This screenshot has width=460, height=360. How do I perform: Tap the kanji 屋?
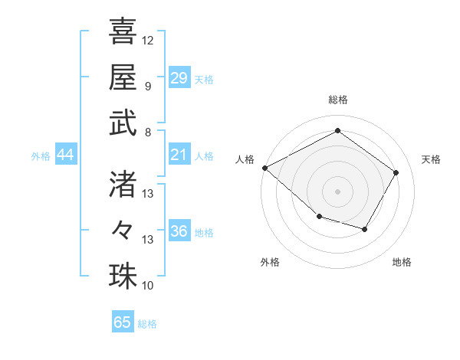[123, 77]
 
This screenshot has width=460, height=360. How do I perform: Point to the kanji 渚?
[123, 183]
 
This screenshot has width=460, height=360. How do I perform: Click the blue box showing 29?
[179, 77]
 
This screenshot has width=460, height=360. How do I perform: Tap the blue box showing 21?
[179, 155]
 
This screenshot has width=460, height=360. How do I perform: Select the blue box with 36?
[179, 231]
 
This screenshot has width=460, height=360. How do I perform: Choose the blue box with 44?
[66, 155]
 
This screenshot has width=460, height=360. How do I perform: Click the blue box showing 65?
[123, 322]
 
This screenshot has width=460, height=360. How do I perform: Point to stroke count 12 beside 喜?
[148, 40]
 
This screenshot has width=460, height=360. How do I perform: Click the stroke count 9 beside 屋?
[147, 86]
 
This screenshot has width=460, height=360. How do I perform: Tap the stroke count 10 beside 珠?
[148, 286]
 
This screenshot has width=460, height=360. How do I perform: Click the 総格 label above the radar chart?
[337, 100]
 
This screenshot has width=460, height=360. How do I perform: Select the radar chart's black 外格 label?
[270, 262]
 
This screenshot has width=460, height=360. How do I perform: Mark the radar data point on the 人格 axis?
[264, 168]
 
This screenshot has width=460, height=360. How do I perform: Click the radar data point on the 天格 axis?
[396, 172]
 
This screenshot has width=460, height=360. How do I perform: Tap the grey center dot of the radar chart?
[337, 191]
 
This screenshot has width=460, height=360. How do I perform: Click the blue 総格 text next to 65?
[148, 324]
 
